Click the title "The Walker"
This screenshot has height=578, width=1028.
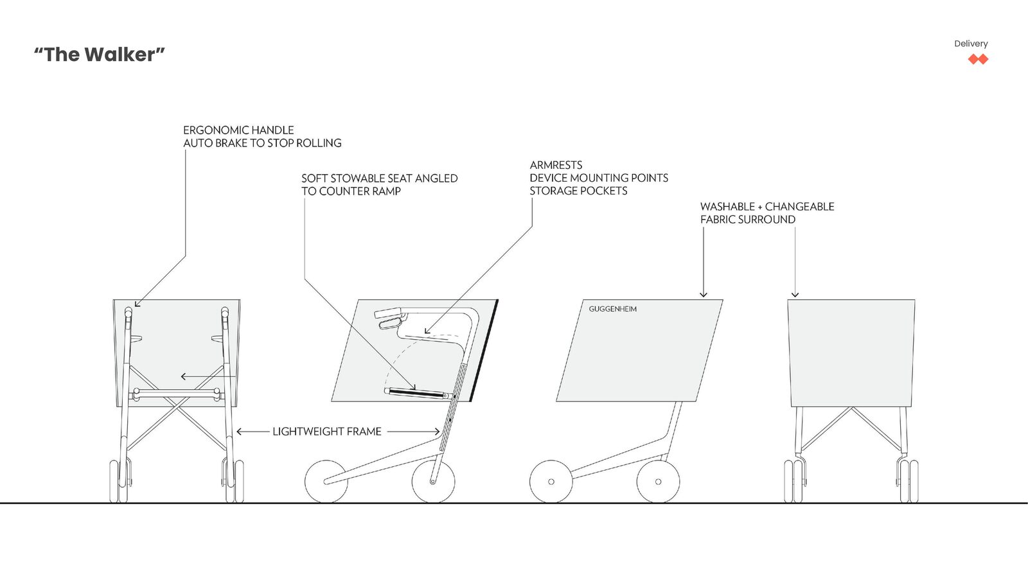99,55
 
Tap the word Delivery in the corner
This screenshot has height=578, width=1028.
971,44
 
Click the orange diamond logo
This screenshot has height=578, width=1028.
978,59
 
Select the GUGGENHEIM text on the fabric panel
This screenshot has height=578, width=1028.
613,309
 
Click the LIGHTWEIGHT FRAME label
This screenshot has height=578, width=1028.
327,432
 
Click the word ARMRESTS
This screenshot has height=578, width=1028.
556,165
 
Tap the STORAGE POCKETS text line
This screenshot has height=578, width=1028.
578,191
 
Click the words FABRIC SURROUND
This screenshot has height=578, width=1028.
748,219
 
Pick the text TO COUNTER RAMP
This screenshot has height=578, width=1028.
351,191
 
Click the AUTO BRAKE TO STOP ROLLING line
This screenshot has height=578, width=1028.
263,143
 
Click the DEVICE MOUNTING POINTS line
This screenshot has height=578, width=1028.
599,178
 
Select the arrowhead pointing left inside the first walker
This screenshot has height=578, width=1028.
184,376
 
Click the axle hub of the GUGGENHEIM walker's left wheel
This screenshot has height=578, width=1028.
551,482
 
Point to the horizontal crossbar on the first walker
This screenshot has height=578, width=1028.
177,392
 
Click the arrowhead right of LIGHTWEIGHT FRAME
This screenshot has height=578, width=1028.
437,432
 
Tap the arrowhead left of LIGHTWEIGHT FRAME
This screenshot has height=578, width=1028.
240,432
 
